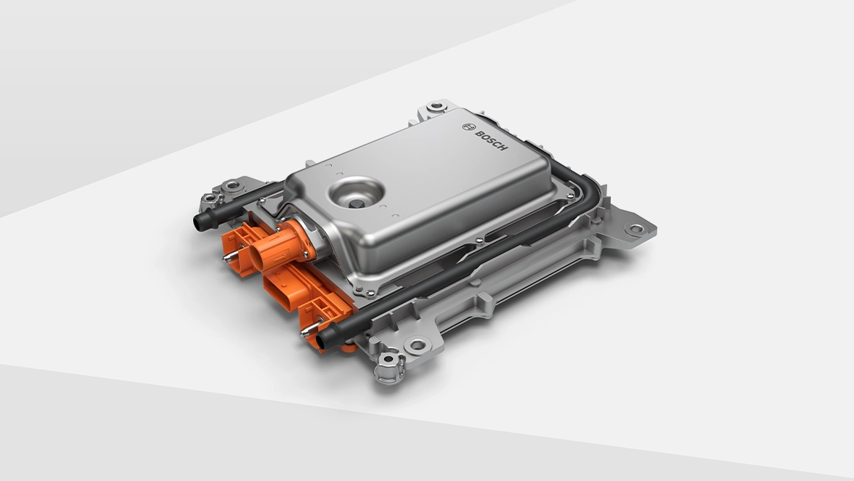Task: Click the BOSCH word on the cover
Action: pos(492,140)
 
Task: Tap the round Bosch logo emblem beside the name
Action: pos(468,126)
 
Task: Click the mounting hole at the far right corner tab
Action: pos(635,229)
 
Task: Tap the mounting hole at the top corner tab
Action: pos(435,107)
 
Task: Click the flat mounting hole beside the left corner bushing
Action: pos(232,185)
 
